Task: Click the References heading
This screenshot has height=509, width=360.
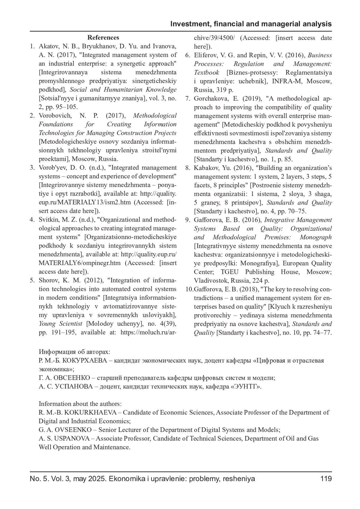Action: point(103,38)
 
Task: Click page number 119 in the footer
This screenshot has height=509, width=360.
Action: point(326,478)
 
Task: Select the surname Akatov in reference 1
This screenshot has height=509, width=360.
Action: point(47,46)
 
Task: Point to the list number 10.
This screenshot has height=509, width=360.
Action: point(189,290)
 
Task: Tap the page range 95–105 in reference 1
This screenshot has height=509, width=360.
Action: point(64,107)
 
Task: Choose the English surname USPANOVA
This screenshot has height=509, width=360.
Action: point(72,439)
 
